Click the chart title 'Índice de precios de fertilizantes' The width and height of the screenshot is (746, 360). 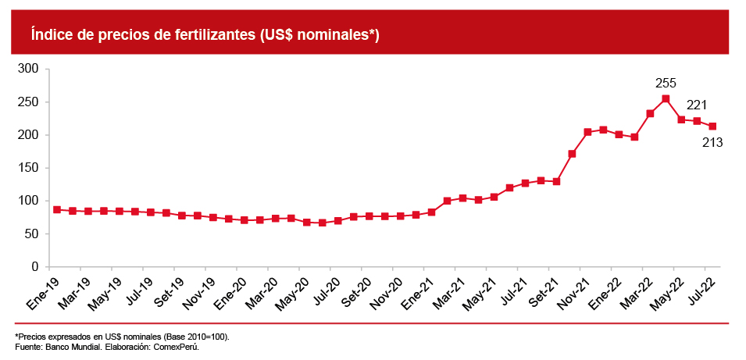[205, 34]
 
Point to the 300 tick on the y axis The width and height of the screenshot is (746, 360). [28, 70]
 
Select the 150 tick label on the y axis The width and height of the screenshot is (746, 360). [28, 168]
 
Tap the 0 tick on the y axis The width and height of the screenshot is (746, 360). [34, 267]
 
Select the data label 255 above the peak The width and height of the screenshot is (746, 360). [666, 83]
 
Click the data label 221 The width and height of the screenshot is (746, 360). [696, 105]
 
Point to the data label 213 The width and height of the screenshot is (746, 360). [712, 142]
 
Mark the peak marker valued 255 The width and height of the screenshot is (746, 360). [666, 99]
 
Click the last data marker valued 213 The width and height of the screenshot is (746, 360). [712, 127]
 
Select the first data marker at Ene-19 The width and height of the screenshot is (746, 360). [57, 209]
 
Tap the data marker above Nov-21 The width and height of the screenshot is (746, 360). [587, 132]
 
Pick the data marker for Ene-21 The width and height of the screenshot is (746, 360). [431, 212]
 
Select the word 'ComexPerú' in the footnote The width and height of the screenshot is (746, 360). [177, 348]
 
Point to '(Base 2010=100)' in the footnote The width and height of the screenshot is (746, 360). [197, 337]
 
